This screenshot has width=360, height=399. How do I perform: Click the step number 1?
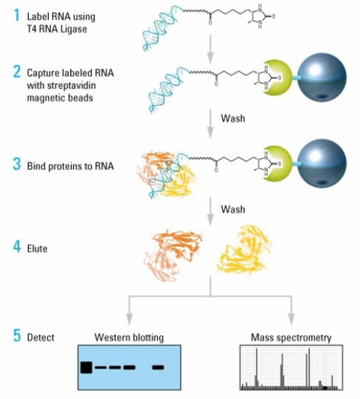[x=17, y=15]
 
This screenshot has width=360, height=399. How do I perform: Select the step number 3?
[x=17, y=164]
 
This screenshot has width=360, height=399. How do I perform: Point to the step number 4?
[x=17, y=247]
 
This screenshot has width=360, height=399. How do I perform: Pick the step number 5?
[x=17, y=335]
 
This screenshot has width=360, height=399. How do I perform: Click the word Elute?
[x=37, y=249]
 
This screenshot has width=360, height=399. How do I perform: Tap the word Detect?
[x=41, y=338]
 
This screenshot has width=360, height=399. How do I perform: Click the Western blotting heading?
[x=129, y=338]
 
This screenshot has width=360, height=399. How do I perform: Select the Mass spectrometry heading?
[x=291, y=338]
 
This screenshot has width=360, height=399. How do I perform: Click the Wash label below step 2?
[x=233, y=118]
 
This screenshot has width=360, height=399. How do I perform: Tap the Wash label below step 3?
[x=233, y=209]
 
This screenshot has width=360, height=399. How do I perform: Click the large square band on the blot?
[x=86, y=367]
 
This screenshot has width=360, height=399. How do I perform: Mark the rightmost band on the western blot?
[x=158, y=367]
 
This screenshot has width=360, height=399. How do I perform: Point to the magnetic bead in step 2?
[x=322, y=77]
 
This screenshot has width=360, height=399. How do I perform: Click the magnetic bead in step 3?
[x=322, y=163]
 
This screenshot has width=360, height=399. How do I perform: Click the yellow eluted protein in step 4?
[x=244, y=251]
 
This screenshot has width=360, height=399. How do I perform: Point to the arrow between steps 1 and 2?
[x=210, y=50]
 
